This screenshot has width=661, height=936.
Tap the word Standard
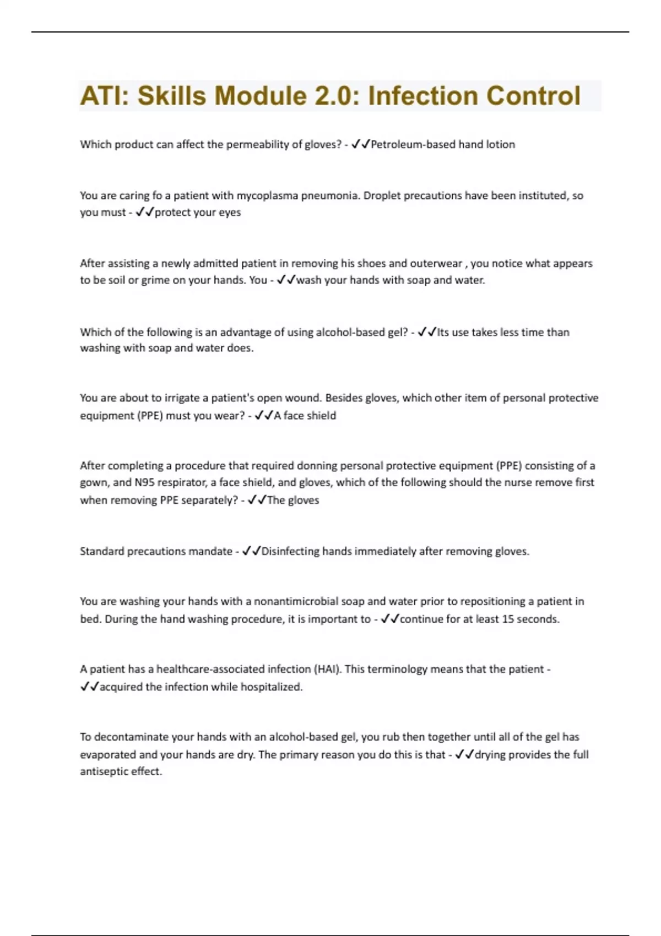tap(102, 551)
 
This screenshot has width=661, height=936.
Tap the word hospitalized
tap(272, 687)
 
